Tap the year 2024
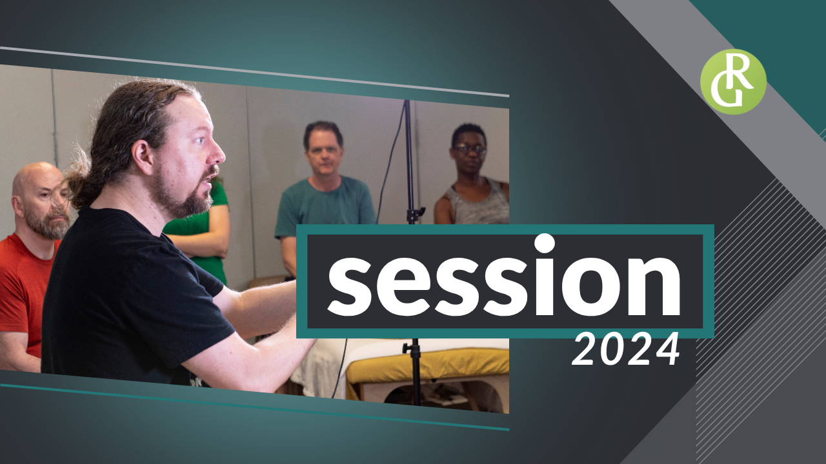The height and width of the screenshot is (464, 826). pyautogui.click(x=626, y=349)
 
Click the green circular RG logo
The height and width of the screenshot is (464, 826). pyautogui.click(x=733, y=82)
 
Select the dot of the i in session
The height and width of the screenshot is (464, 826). pyautogui.click(x=544, y=244)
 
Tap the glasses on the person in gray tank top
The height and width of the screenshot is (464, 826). pyautogui.click(x=469, y=149)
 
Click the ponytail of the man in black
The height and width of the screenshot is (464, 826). pyautogui.click(x=79, y=184)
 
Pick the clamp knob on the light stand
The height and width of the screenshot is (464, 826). pyautogui.click(x=406, y=347)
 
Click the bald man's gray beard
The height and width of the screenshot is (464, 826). pyautogui.click(x=50, y=225)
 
